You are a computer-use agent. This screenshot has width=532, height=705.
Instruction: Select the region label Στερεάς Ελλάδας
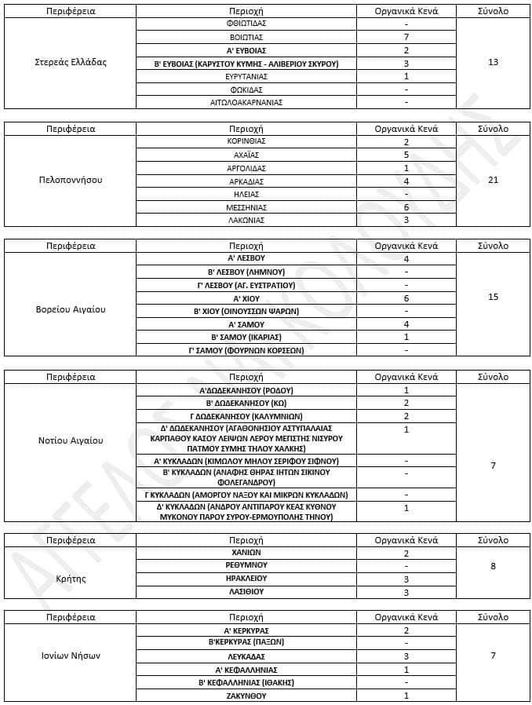point(71,62)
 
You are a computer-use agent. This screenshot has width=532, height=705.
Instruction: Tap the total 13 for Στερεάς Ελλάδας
point(493,62)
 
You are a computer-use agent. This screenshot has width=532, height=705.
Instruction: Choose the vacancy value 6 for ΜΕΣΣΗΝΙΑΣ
point(406,207)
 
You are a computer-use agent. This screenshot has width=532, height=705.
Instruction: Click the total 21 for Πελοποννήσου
point(493,180)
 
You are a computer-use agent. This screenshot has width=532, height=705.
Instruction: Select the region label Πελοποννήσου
point(71,180)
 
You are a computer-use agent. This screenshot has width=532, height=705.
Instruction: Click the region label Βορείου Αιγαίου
point(71,309)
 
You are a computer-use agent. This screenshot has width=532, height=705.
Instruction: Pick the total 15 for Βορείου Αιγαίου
point(493,297)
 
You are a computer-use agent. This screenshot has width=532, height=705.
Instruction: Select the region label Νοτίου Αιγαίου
point(71,440)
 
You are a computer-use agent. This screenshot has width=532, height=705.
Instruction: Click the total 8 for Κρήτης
point(493,565)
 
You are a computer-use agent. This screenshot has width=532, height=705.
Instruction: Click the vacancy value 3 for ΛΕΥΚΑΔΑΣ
point(406,656)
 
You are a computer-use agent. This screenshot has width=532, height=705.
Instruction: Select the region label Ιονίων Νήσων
point(71,656)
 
